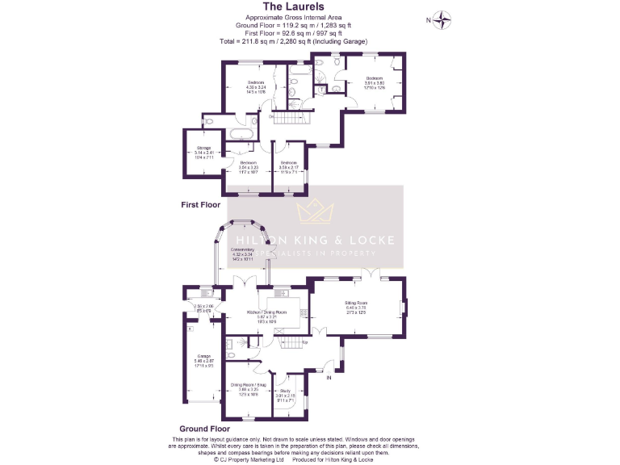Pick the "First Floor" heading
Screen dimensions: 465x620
tap(200, 205)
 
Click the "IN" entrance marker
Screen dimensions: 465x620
tap(329, 377)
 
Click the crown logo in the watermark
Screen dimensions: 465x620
tap(316, 213)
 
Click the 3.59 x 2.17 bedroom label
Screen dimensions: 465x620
tap(289, 165)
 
